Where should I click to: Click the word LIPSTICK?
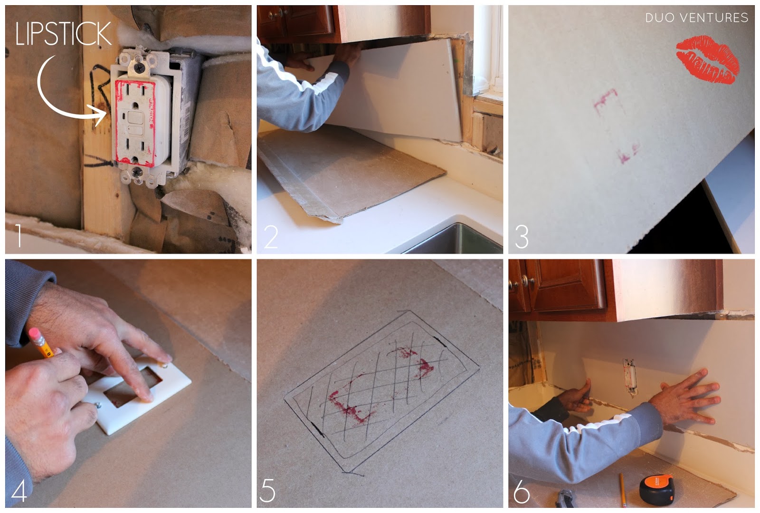[x=64, y=34]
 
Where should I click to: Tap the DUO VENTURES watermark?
[x=696, y=18]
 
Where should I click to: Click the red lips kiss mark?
[x=707, y=60]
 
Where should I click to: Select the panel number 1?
[x=19, y=235]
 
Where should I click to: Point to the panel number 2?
[x=271, y=236]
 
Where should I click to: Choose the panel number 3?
[x=522, y=237]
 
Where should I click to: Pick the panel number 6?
[x=522, y=491]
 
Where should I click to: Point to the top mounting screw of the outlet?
[x=138, y=68]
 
